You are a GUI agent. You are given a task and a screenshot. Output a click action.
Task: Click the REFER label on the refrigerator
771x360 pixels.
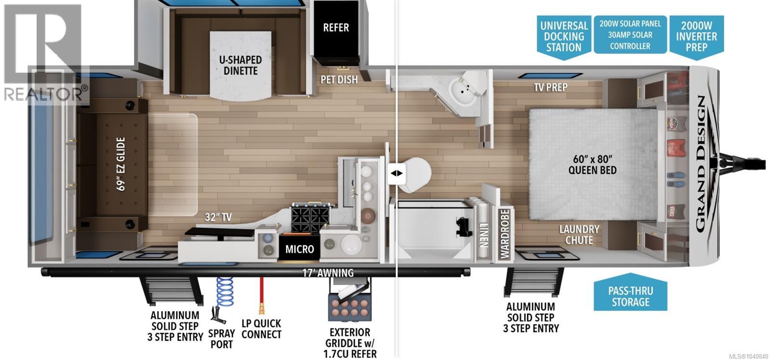[x=336, y=27]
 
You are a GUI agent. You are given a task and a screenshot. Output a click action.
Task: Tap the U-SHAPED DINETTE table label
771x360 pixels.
[x=240, y=66]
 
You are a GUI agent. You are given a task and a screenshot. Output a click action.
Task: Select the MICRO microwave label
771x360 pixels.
[x=299, y=249]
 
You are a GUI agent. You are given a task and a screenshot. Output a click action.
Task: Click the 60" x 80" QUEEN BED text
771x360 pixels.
[x=592, y=164]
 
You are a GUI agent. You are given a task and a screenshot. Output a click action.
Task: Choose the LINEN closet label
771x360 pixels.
[x=483, y=234]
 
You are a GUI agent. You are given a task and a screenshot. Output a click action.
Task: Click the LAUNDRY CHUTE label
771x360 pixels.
[x=579, y=235]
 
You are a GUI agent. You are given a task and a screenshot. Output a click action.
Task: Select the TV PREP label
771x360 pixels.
[x=551, y=87]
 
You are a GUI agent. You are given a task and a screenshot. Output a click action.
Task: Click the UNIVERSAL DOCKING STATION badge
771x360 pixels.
[x=564, y=37]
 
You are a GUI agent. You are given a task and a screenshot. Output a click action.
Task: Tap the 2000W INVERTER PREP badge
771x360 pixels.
[x=696, y=37]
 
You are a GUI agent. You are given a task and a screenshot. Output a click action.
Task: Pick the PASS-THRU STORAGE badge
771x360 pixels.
[x=631, y=293]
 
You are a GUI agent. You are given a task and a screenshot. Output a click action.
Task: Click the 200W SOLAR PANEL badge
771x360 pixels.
[x=630, y=34]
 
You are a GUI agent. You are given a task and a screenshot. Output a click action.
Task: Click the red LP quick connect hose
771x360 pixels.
[x=262, y=295]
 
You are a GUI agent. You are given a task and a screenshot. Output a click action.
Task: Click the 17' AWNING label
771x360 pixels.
[x=328, y=273]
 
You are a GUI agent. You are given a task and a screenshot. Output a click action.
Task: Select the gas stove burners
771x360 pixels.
[x=310, y=217]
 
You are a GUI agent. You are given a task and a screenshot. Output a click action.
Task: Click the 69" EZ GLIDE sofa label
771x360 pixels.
[x=121, y=164]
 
